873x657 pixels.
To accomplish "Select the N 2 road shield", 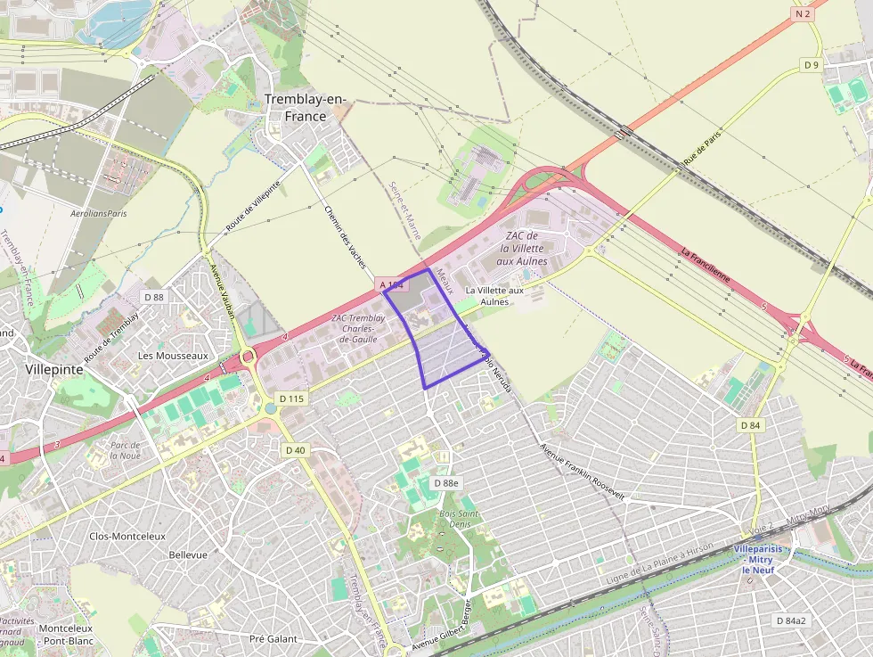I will coord(803,13).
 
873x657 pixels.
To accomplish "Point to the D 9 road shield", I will coord(811,65).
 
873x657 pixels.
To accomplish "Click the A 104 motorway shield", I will coord(392,284).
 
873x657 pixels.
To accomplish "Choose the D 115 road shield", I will coord(291,398).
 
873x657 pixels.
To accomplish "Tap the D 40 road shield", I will coord(296,450).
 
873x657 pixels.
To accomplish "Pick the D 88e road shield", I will coord(445,482).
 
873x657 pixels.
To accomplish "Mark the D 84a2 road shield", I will coord(790,620).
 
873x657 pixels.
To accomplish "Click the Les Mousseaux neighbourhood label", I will coord(173,355).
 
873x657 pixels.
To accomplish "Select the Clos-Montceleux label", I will coord(127,536).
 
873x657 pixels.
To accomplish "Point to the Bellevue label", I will coord(188,554).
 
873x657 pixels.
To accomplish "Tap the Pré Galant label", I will coord(273,638).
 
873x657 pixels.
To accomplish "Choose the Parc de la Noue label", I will coord(126,449).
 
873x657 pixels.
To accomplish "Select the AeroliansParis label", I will coord(99,214).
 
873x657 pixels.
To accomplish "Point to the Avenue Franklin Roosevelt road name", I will coord(583,471).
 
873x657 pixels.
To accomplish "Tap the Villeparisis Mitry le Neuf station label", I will coord(758,560).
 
